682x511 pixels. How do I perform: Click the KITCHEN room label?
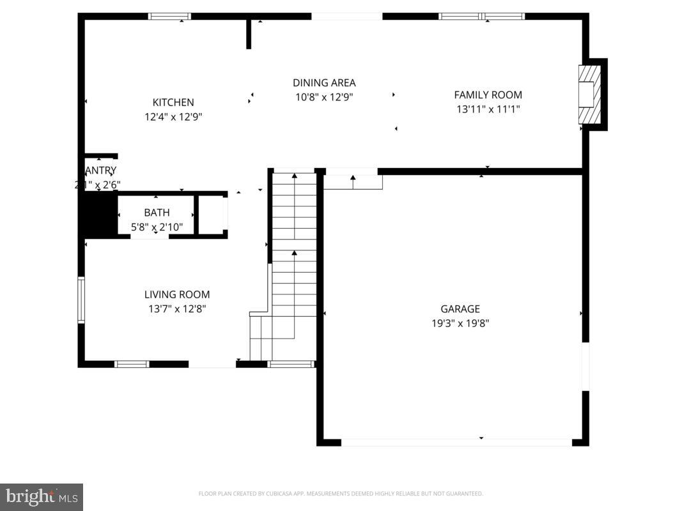click(173, 102)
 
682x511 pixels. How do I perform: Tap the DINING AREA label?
click(324, 82)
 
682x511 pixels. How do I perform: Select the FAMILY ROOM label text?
click(488, 95)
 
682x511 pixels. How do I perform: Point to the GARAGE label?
click(460, 309)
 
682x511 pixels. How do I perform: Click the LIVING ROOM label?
click(176, 294)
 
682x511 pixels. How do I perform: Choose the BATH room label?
click(157, 213)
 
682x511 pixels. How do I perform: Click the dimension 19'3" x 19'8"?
click(460, 323)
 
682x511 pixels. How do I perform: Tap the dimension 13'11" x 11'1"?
click(488, 109)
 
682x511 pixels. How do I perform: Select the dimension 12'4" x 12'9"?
click(173, 117)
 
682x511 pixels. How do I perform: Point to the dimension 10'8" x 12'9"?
click(324, 97)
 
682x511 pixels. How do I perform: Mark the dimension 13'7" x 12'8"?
click(176, 309)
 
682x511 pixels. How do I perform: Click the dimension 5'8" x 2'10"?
click(157, 226)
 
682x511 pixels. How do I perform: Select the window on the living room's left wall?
click(81, 299)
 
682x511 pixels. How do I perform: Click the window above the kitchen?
click(169, 17)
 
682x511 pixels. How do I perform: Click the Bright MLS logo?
click(42, 496)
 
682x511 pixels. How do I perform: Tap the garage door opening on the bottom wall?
click(456, 442)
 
